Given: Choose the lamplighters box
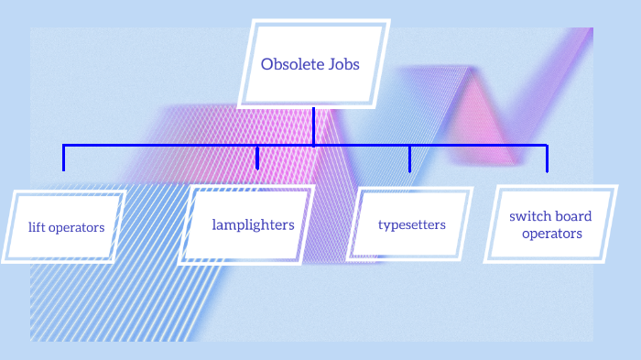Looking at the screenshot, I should (x=247, y=224).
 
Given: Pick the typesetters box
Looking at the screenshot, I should (x=412, y=224).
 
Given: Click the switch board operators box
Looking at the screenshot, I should (x=551, y=224).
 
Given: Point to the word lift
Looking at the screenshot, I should (x=38, y=227).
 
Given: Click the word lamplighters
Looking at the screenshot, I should (x=253, y=224).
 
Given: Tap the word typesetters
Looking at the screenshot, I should (x=412, y=224).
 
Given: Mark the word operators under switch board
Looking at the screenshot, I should (x=551, y=234).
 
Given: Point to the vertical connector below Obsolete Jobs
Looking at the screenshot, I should (x=313, y=126).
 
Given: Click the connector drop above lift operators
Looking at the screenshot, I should (x=64, y=158).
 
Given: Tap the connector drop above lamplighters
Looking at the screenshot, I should (x=257, y=158).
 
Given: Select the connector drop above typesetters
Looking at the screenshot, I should (x=409, y=158).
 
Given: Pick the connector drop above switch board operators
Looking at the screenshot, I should (x=547, y=158).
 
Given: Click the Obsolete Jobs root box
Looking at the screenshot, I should (x=314, y=64).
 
